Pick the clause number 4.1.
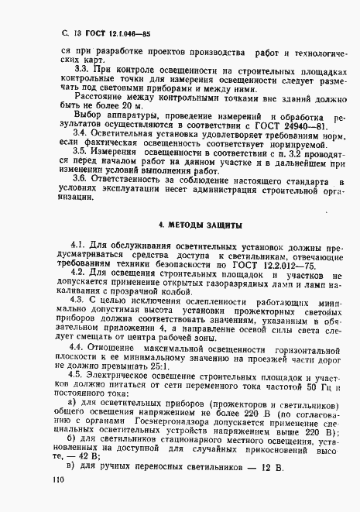coord(79,246)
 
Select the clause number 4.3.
coord(79,299)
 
